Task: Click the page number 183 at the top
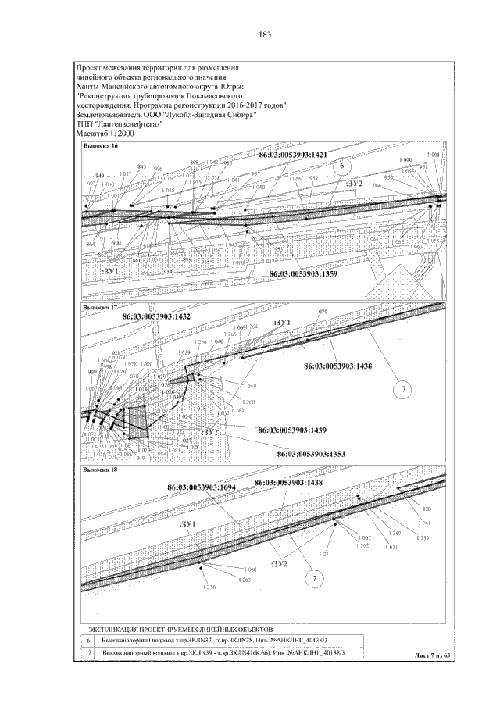pos(263,34)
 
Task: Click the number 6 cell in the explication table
pos(88,640)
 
